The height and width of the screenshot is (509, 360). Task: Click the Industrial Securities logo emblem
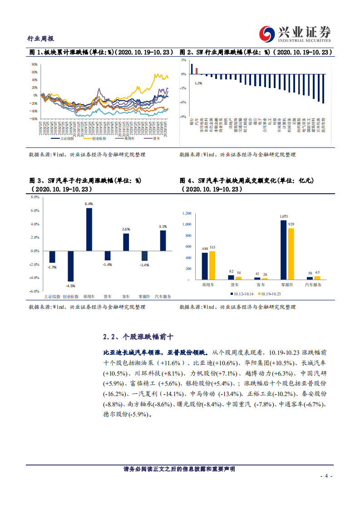[266, 34]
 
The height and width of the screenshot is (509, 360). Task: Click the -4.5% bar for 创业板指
[71, 266]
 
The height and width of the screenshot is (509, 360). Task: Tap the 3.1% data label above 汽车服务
[163, 226]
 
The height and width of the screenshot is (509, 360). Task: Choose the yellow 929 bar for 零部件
[291, 253]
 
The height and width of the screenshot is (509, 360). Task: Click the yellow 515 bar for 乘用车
[212, 264]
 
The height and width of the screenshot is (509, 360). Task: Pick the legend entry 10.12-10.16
[243, 294]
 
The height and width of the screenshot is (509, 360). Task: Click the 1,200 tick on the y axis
[186, 213]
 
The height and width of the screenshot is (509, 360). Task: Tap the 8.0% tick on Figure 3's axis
[35, 197]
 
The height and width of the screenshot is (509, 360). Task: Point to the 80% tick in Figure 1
[34, 64]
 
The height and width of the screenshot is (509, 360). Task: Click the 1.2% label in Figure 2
[198, 83]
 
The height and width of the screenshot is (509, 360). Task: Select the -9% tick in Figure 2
[183, 117]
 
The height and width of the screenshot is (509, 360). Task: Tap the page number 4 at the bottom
[326, 476]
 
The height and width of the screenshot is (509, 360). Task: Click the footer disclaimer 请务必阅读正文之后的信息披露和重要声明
[179, 469]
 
